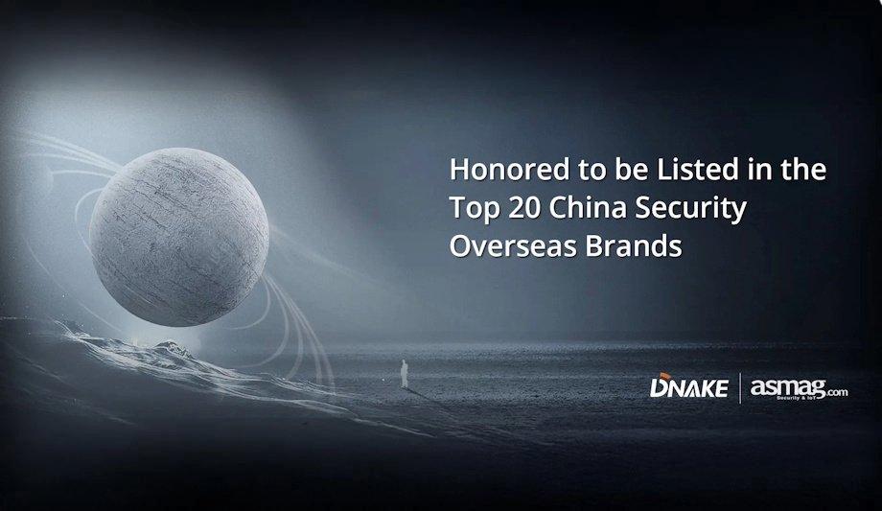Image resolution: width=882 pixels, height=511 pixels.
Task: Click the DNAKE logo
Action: (690, 389)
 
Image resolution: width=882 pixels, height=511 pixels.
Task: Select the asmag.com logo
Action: (799, 388)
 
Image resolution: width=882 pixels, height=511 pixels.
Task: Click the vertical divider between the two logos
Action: (739, 389)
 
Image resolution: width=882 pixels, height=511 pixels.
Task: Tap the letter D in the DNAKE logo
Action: (660, 389)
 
